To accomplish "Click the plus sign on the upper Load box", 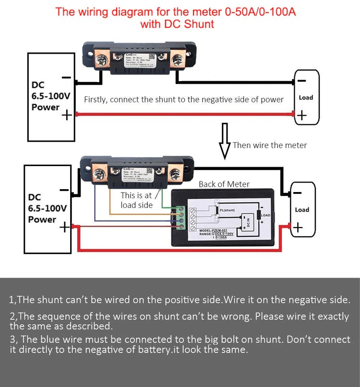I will click(x=301, y=116).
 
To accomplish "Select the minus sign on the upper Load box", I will click(x=301, y=80).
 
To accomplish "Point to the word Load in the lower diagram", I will click(x=302, y=210).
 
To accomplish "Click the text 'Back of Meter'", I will click(x=224, y=184).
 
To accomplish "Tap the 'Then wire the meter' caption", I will click(x=269, y=145).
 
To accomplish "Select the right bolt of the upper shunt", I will click(x=179, y=60).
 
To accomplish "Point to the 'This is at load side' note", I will click(x=136, y=200).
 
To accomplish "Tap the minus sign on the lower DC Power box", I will click(x=64, y=190).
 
